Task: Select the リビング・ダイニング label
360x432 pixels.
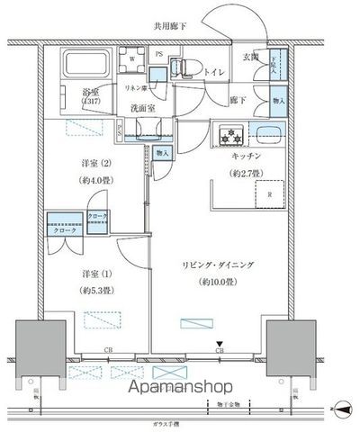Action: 211,267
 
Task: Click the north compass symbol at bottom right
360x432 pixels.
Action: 339,409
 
